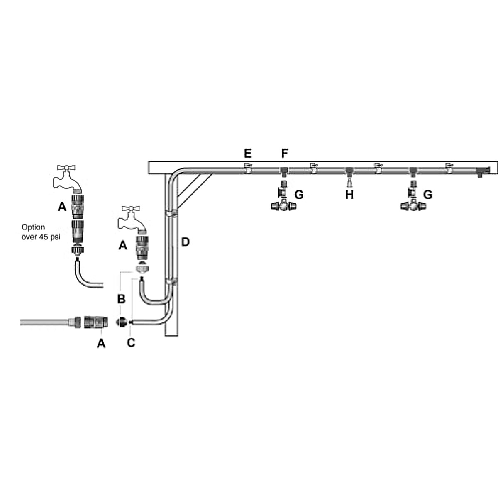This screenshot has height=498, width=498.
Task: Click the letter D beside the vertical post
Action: pos(185,242)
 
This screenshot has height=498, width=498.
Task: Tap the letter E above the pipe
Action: pos(248,154)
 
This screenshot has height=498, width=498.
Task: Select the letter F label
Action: pos(284,154)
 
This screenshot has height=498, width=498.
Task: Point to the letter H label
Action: pos(349,194)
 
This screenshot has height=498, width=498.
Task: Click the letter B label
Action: pos(121,298)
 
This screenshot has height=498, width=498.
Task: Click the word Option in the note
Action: pos(34,227)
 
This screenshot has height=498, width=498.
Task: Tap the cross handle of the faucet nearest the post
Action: pos(132,209)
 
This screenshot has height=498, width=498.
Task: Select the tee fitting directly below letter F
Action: pos(284,171)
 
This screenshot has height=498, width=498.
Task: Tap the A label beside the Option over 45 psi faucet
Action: pos(61,206)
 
